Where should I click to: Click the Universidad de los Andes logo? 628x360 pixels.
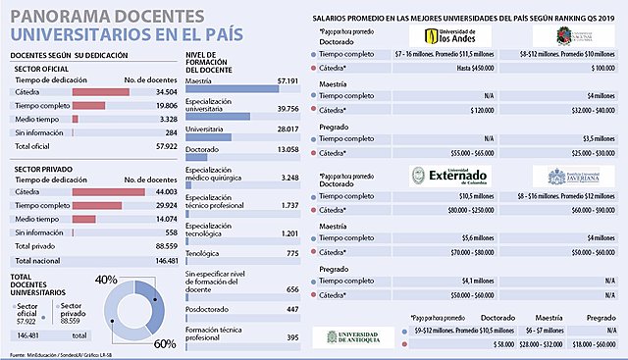click(447, 36)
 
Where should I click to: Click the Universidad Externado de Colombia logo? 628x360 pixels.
click(447, 177)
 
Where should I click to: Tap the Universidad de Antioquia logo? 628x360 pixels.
click(349, 336)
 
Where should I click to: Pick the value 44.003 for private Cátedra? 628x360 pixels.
click(158, 192)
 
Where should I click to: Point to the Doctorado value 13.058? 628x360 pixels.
click(286, 150)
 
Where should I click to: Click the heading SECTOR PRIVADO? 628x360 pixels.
click(40, 169)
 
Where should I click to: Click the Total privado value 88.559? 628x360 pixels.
click(158, 246)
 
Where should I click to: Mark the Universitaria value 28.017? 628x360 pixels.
click(286, 129)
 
